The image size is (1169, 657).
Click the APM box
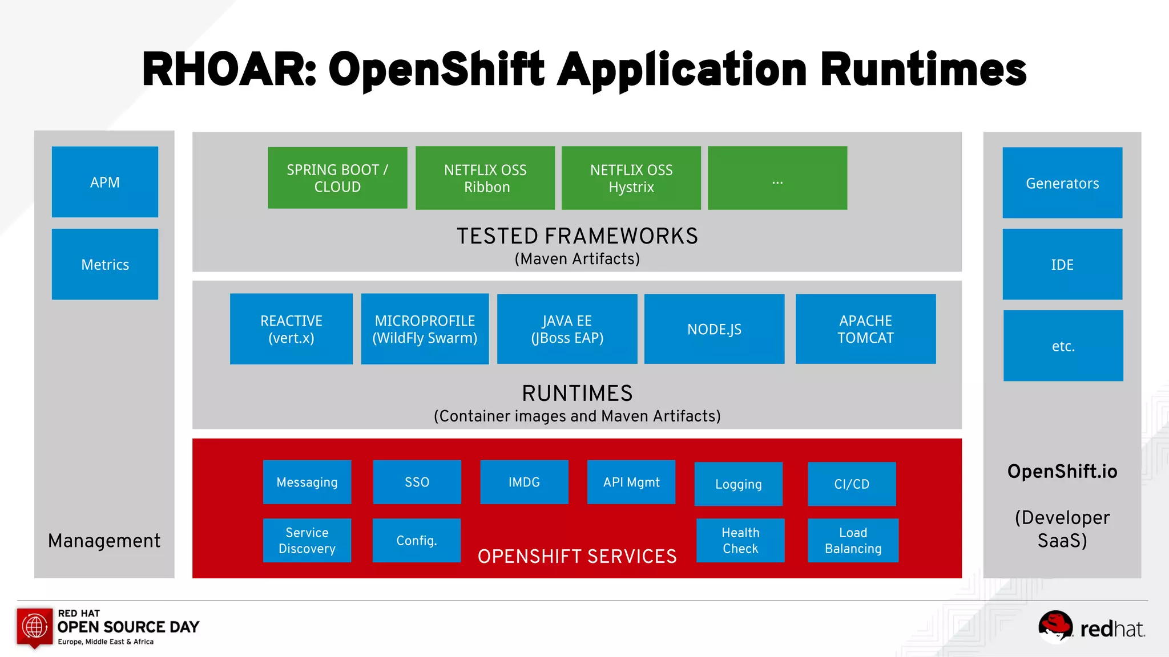(x=105, y=182)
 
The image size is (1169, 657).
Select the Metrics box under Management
(x=105, y=264)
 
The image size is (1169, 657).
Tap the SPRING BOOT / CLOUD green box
(x=337, y=178)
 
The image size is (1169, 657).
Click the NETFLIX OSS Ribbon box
(x=485, y=178)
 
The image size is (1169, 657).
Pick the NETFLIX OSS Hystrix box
(x=631, y=178)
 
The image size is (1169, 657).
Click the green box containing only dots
(x=777, y=178)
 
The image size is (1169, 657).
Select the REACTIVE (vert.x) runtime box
(x=291, y=329)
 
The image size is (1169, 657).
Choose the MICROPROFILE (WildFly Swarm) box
(x=425, y=329)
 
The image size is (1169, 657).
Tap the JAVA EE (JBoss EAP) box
(x=567, y=329)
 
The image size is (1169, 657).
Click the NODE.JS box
(x=714, y=329)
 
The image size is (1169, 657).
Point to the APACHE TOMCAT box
(x=865, y=329)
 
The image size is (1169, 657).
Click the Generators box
(x=1062, y=183)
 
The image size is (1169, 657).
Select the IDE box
(x=1062, y=264)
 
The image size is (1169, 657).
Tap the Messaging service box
(x=307, y=482)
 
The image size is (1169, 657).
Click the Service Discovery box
(x=307, y=540)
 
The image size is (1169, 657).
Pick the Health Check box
(x=740, y=540)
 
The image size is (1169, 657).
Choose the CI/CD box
(x=852, y=484)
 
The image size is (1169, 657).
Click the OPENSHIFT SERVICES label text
(x=577, y=556)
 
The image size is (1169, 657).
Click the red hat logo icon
(x=1055, y=626)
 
